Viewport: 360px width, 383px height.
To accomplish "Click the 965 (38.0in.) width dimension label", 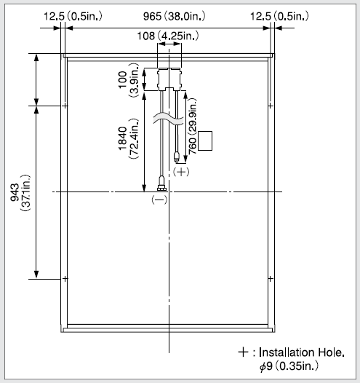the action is pos(174,16).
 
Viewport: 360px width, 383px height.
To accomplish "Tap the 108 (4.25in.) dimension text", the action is pos(168,36).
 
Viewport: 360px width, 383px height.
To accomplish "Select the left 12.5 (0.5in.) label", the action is pos(73,16).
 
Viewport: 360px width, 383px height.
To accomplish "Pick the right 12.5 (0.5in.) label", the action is pos(279,16).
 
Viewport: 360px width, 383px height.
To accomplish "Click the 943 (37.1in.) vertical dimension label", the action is pos(20,193).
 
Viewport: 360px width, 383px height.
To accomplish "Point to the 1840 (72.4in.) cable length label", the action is pos(128,139).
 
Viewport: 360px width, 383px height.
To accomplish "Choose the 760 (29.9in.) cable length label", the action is pos(193,126).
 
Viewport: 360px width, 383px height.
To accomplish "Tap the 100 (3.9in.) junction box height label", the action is pos(128,80).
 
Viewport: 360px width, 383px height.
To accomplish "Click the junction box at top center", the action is pos(169,79).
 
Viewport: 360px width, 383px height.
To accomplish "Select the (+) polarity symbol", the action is pos(181,172).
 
